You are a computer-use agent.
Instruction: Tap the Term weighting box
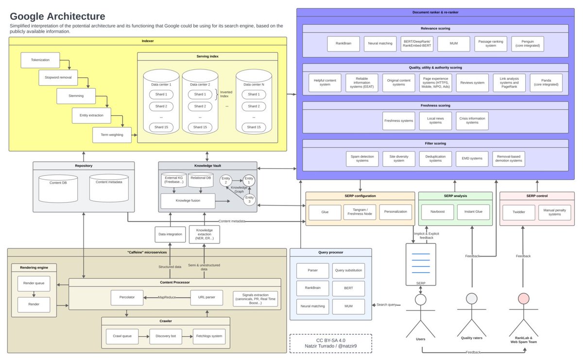(x=112, y=135)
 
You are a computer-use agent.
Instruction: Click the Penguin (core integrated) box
(x=527, y=44)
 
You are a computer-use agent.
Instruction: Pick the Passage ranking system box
(x=491, y=44)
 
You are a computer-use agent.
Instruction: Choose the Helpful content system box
(x=325, y=83)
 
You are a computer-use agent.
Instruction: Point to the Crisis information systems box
(x=472, y=120)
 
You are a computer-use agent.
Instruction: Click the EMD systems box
(x=472, y=158)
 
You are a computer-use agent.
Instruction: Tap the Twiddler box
(x=516, y=212)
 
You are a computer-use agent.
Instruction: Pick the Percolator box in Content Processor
(x=126, y=297)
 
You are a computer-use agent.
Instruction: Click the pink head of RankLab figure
(x=523, y=298)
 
